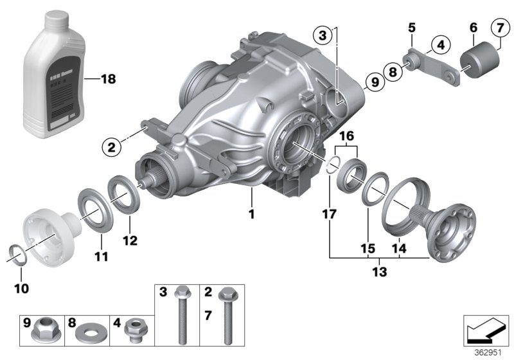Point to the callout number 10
21,289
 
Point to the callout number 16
346,137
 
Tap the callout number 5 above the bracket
412,28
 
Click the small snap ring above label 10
19,253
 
